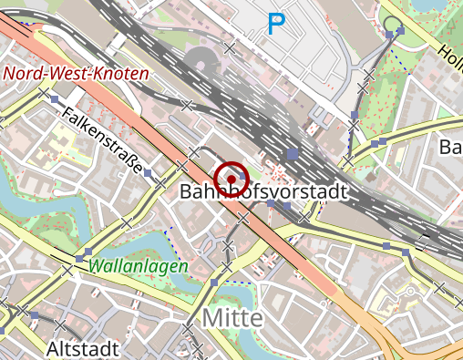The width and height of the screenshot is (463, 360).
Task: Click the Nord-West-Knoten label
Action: (x=76, y=74)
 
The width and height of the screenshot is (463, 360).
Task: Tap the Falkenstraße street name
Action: (x=102, y=139)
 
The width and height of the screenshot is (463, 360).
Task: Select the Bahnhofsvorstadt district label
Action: (x=264, y=192)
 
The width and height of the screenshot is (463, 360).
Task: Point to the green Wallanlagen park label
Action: (x=139, y=266)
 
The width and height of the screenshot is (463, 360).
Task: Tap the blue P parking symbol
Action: (x=274, y=25)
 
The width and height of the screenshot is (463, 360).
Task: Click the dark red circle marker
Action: (x=231, y=176)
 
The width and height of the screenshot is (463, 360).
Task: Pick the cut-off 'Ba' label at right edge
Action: (x=451, y=147)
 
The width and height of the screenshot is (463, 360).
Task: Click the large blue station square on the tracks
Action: (x=292, y=155)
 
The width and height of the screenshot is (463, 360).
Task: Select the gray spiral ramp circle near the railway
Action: (x=201, y=64)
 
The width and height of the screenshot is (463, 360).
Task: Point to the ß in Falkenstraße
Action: (x=128, y=158)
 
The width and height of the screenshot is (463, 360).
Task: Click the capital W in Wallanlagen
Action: (x=98, y=266)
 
